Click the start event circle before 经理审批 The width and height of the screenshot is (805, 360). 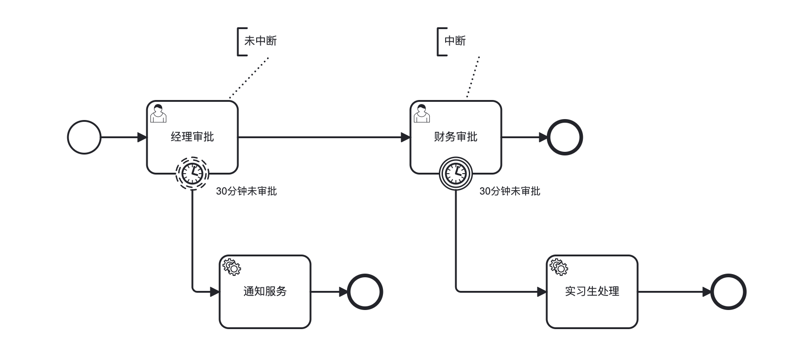click(84, 137)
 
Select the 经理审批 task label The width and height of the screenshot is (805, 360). click(192, 137)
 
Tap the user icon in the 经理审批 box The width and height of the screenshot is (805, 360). click(158, 114)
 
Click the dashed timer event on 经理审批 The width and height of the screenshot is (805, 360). click(192, 173)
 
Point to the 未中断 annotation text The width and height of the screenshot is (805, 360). click(260, 41)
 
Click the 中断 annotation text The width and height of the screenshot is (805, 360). click(455, 41)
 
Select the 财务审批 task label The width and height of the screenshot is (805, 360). click(456, 137)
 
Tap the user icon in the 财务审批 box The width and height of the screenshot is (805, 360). click(422, 114)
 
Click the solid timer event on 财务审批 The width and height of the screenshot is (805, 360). click(456, 173)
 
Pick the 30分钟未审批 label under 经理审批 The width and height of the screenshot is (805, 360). click(246, 191)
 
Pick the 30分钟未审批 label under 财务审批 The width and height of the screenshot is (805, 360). click(510, 191)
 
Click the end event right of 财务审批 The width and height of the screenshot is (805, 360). click(565, 137)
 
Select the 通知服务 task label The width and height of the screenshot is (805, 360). click(265, 291)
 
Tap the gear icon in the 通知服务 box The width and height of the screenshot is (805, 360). click(232, 267)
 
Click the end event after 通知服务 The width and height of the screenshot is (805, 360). click(365, 292)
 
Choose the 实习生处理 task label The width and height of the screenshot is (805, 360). click(592, 291)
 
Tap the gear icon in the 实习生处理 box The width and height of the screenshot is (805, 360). click(559, 267)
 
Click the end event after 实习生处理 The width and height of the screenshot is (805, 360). click(728, 292)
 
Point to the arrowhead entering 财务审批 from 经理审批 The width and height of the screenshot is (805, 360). click(406, 137)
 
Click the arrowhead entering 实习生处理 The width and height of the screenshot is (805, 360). click(542, 292)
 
